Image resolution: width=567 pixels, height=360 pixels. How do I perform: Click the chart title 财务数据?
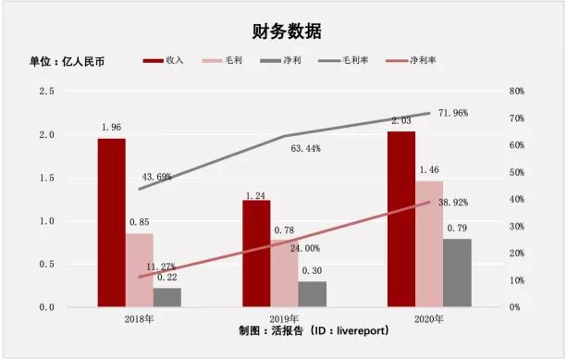click(x=283, y=31)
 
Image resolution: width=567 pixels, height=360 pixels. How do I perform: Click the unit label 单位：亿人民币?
click(x=67, y=61)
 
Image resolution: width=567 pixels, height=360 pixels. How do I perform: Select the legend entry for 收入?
click(x=165, y=60)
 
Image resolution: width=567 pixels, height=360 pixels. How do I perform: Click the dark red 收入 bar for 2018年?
click(x=111, y=222)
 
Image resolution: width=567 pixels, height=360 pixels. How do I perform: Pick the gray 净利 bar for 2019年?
click(x=312, y=293)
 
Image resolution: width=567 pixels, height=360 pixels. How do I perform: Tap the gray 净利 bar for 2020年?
click(x=457, y=272)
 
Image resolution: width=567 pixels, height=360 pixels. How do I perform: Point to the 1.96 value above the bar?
click(x=111, y=129)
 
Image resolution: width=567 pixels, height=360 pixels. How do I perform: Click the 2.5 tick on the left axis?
click(x=46, y=92)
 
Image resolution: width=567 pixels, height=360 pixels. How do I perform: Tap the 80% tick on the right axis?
click(x=516, y=92)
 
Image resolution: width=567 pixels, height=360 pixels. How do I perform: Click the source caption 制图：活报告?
click(x=283, y=329)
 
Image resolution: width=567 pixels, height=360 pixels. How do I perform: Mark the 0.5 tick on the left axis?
click(x=46, y=264)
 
